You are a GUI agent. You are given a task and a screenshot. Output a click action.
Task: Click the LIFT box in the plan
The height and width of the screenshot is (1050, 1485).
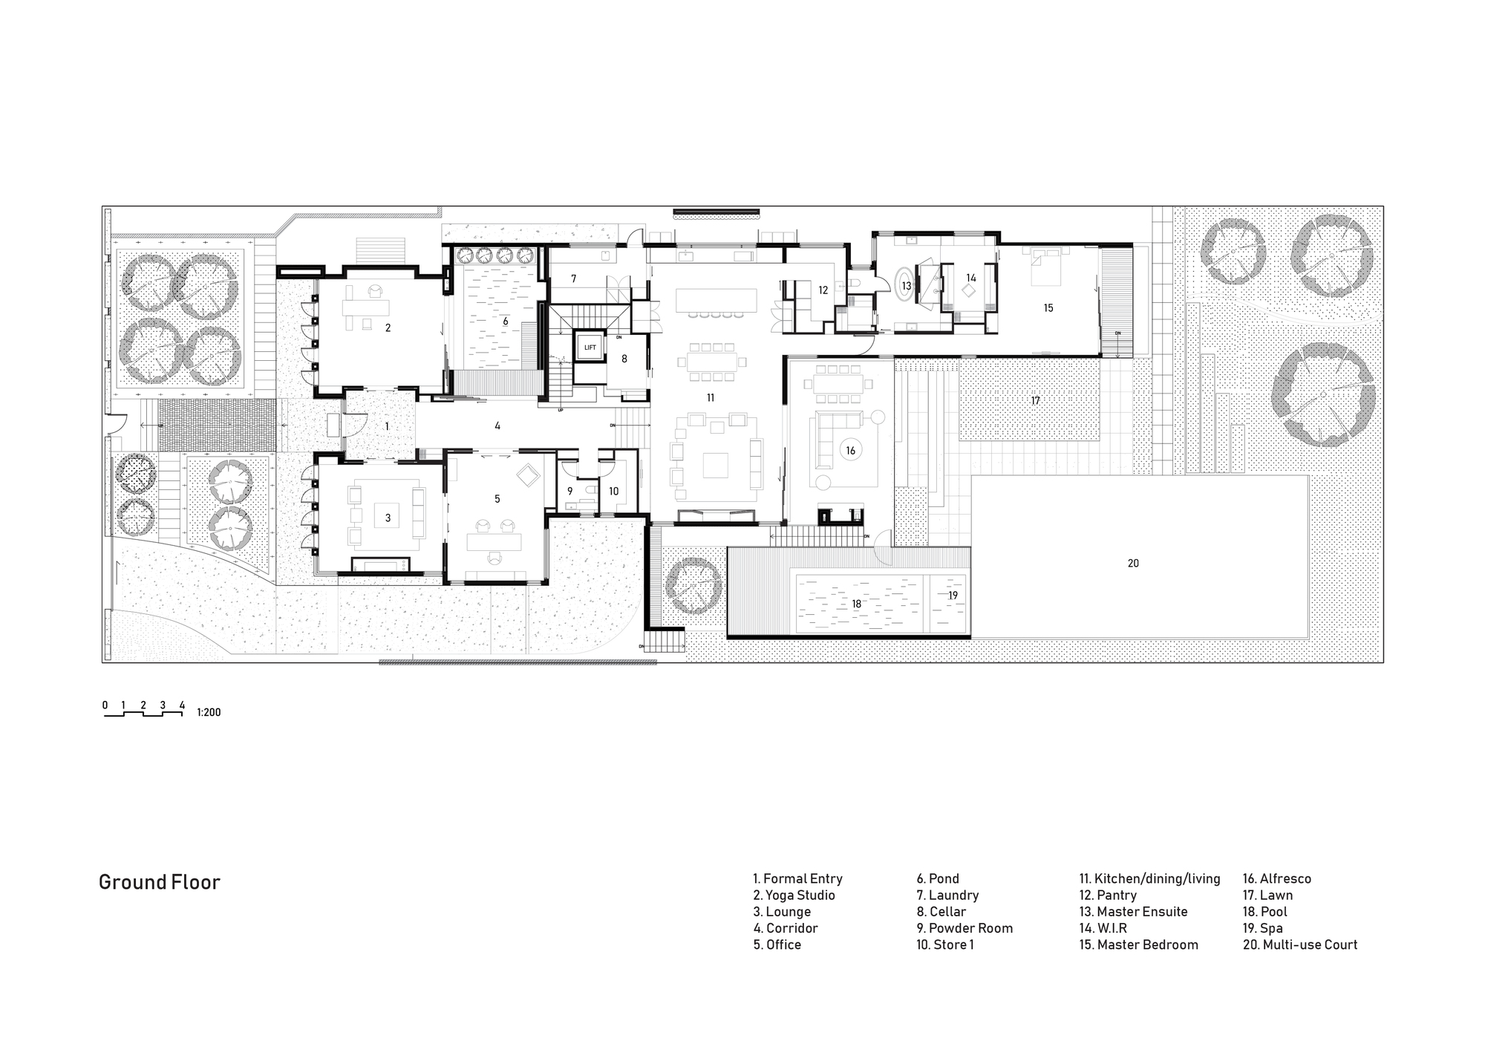(x=590, y=348)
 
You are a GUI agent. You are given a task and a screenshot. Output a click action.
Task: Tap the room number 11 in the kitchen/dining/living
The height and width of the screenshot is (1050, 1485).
(x=711, y=398)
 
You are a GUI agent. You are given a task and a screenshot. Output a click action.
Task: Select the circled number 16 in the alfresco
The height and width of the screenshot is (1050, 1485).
(x=851, y=450)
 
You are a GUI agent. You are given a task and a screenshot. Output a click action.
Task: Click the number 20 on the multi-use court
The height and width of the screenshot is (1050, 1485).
(x=1133, y=564)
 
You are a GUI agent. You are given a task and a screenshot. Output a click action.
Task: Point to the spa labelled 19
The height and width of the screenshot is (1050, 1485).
(x=953, y=596)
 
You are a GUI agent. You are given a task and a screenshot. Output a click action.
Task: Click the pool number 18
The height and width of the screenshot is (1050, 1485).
(x=856, y=604)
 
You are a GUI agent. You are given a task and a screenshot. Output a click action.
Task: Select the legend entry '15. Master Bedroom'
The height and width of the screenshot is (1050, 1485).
(x=1138, y=945)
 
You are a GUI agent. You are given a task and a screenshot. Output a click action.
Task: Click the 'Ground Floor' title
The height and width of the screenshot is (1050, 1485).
(x=160, y=882)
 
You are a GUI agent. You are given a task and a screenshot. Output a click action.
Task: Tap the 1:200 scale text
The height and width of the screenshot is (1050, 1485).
(x=209, y=713)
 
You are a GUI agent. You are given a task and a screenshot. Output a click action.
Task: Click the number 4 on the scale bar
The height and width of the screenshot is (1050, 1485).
(x=182, y=705)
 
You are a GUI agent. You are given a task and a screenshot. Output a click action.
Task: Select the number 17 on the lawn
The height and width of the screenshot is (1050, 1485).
(x=1035, y=401)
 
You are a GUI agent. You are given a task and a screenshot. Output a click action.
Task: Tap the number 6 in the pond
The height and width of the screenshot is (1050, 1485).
(x=506, y=322)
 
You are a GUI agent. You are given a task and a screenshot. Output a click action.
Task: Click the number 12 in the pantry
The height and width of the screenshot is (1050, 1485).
(x=823, y=290)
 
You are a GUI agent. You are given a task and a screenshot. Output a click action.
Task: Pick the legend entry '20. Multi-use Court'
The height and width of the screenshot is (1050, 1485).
(x=1299, y=945)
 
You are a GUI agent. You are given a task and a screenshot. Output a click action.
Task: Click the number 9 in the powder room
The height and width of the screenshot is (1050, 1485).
(x=570, y=491)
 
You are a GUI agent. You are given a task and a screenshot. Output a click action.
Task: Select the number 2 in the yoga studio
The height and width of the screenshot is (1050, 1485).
(x=388, y=327)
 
